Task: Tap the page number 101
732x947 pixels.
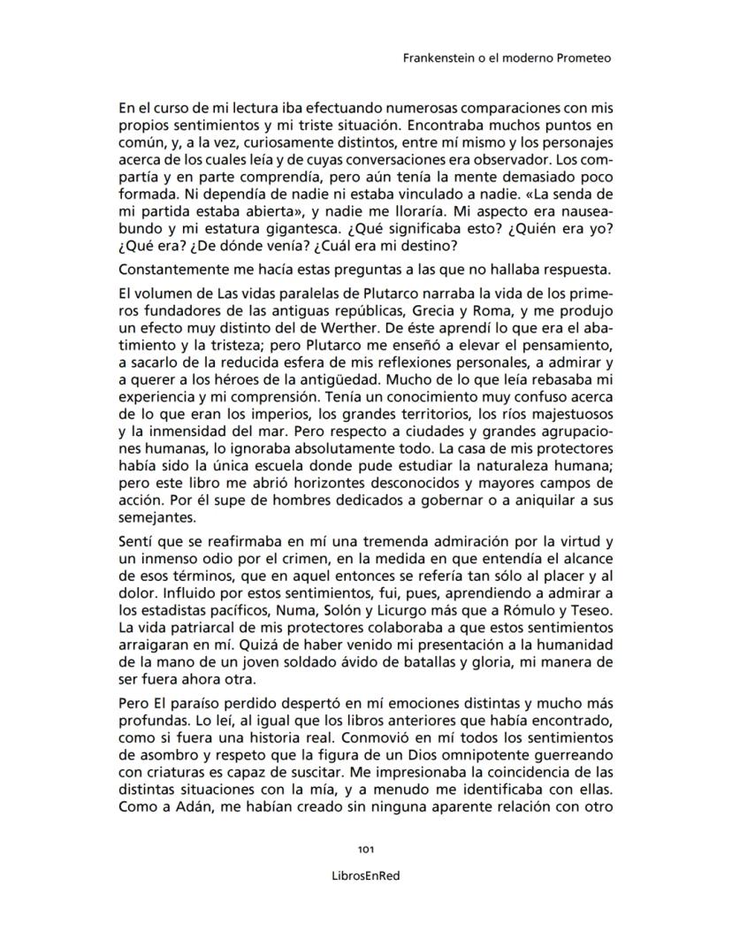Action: [366, 849]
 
